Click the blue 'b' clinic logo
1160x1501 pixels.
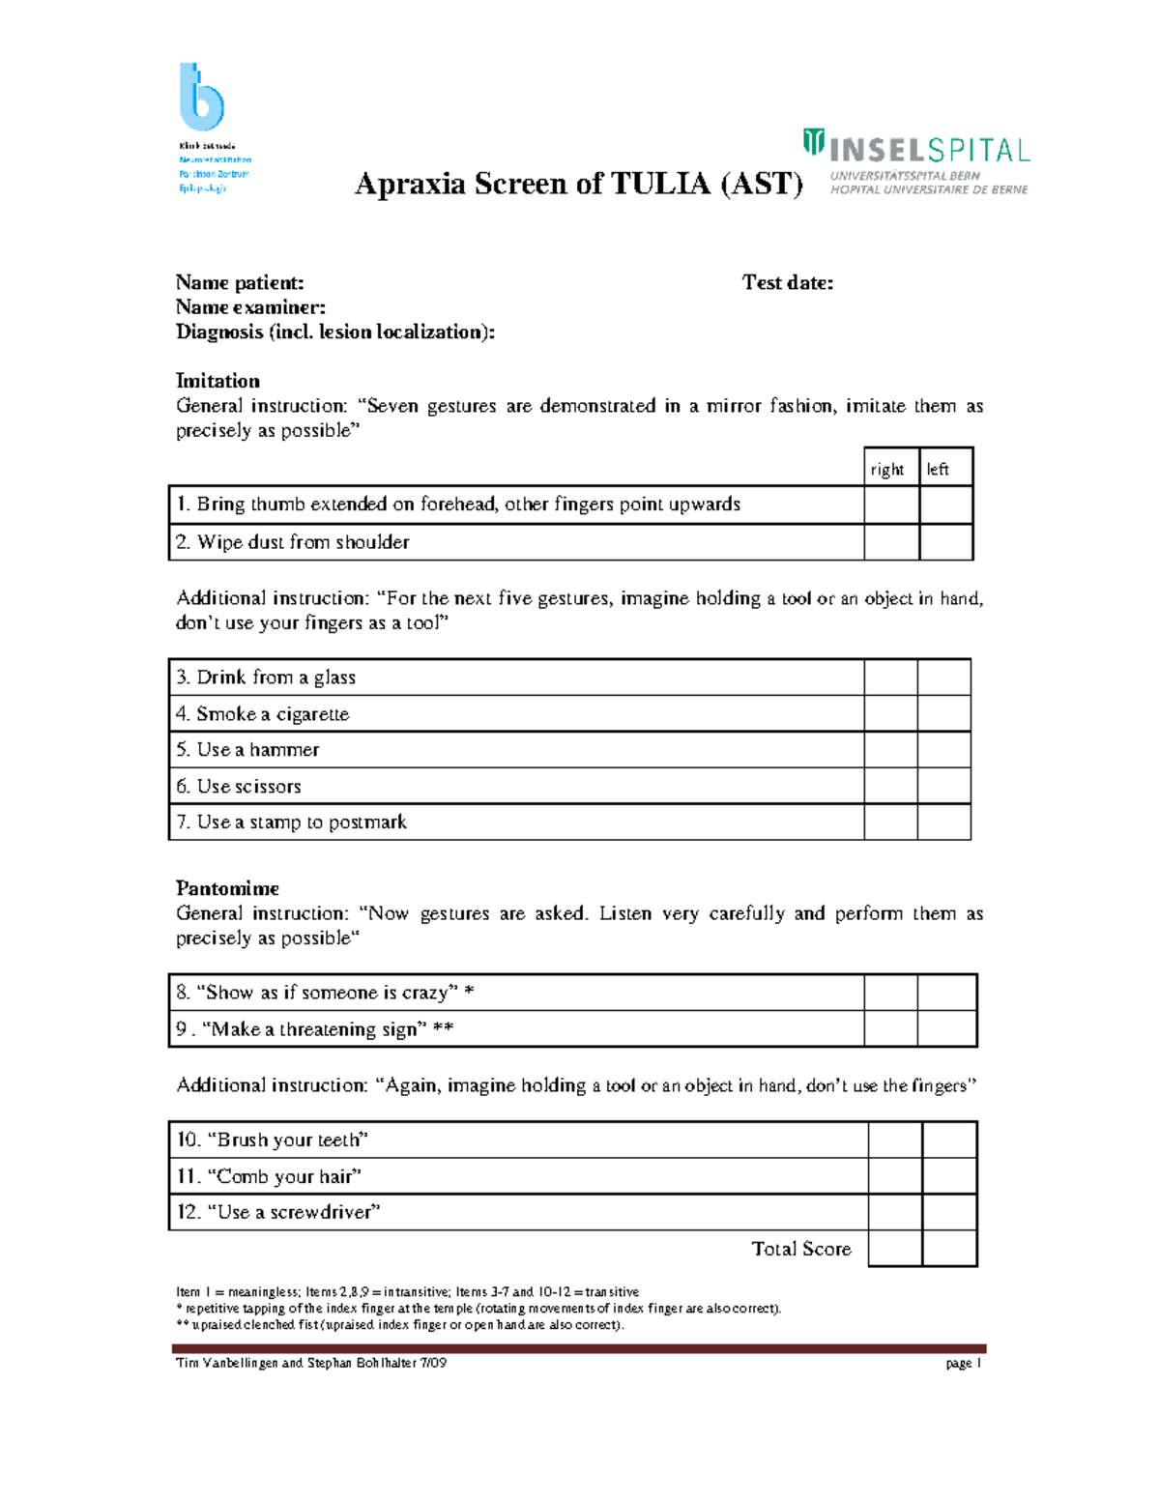point(201,97)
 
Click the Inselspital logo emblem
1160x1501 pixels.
point(813,143)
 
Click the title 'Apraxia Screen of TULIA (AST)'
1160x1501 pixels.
point(578,184)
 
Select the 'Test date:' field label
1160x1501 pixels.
point(787,282)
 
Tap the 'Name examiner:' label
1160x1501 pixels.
point(250,307)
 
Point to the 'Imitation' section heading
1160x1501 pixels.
point(217,381)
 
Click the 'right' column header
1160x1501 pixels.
point(886,470)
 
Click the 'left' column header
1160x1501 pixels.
point(938,470)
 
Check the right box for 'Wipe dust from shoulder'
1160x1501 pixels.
point(891,542)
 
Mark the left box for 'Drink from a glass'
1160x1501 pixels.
point(943,678)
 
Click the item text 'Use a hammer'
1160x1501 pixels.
point(257,750)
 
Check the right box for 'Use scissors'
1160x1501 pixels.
point(890,786)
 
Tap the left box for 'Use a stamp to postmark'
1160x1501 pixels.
point(943,822)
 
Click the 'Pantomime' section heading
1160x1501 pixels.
point(227,888)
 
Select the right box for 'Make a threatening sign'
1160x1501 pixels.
point(890,1029)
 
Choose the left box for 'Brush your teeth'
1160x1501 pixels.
point(949,1140)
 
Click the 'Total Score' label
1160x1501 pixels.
point(801,1249)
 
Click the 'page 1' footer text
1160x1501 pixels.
point(964,1363)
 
